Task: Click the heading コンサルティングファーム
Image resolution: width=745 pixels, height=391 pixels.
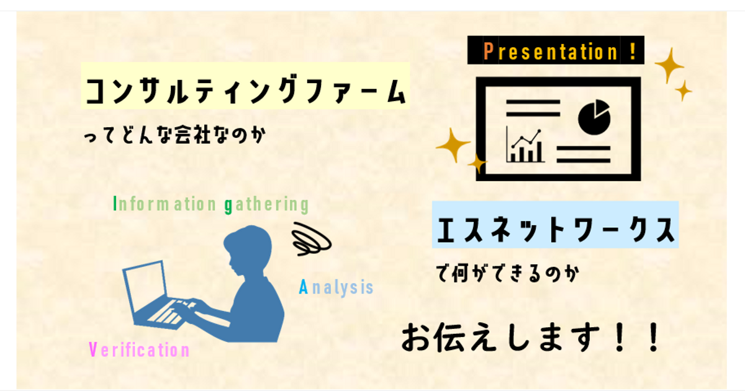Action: tap(246, 90)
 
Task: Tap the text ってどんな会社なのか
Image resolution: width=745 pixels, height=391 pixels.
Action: tap(175, 135)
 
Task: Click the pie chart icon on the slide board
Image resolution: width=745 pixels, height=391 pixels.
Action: tap(594, 117)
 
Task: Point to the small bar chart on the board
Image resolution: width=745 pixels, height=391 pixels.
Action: tap(525, 145)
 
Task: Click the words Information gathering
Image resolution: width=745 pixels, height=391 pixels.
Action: tap(212, 204)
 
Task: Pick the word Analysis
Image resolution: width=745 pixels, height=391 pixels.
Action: tap(336, 287)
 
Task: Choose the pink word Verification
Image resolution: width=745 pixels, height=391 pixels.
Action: tap(139, 349)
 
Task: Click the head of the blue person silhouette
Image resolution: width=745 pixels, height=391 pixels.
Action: tap(248, 248)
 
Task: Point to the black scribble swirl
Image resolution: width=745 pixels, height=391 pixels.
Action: tap(311, 239)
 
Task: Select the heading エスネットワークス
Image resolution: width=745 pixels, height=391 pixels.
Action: tap(556, 229)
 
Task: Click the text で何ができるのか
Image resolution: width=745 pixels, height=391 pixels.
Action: tap(508, 273)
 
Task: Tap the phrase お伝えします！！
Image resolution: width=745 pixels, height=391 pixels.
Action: tap(530, 337)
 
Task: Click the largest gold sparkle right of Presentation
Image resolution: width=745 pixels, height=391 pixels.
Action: tap(669, 66)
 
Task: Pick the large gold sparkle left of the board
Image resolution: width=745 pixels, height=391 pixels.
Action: tap(453, 145)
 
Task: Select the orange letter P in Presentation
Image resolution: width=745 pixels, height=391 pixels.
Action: tap(488, 51)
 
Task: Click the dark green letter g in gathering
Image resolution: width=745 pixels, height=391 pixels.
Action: tap(228, 206)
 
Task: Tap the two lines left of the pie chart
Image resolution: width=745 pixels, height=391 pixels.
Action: tap(533, 108)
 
